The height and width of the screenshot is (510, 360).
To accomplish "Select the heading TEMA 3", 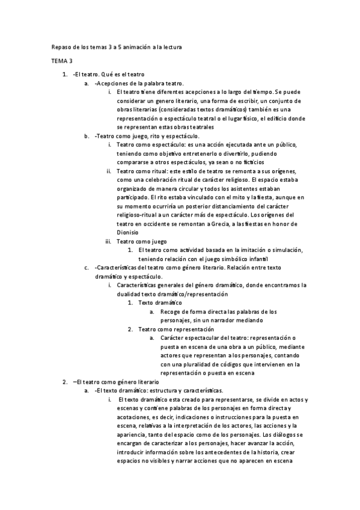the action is [x=59, y=61].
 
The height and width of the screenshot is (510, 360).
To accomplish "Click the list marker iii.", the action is [x=108, y=241].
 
